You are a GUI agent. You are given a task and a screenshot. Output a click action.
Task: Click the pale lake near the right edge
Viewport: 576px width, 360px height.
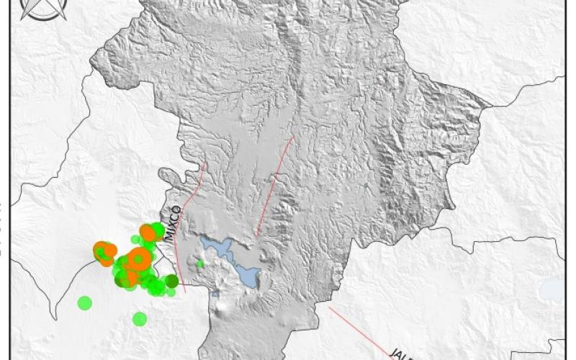[552, 290]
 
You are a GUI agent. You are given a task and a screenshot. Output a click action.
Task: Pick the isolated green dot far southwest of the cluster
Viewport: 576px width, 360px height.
[85, 302]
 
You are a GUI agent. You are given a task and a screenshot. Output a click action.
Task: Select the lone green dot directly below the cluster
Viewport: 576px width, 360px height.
[140, 318]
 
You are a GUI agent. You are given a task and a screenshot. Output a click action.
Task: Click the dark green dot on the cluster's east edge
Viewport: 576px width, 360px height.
[171, 281]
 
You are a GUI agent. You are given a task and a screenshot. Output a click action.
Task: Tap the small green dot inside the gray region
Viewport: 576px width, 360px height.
[200, 264]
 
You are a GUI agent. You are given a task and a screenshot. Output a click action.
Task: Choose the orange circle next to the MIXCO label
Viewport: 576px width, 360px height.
[148, 233]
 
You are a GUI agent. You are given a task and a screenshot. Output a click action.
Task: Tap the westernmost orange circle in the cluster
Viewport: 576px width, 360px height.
[102, 251]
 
